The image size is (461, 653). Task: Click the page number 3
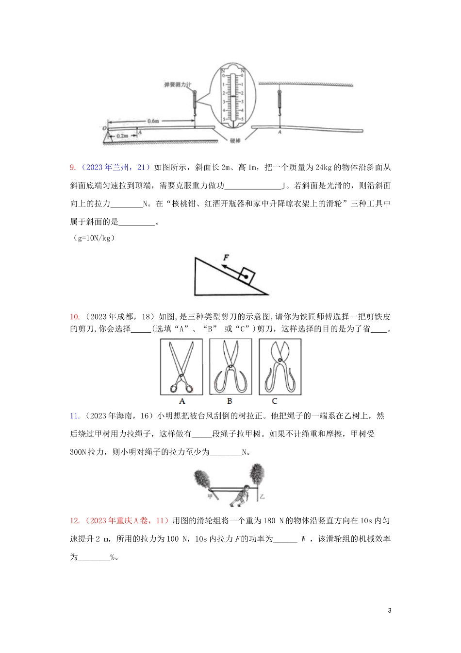click(390, 610)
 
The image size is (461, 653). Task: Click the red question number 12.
click(75, 521)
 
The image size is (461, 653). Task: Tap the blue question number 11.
click(75, 416)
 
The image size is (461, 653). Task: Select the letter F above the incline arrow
click(226, 258)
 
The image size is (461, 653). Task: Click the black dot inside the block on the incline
click(247, 276)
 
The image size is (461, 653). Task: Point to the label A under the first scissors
click(182, 401)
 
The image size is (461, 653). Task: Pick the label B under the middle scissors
click(230, 401)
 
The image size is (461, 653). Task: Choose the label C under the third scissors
click(275, 401)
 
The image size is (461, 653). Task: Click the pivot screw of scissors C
click(280, 361)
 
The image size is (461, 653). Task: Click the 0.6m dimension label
click(153, 121)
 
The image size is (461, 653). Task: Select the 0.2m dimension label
click(122, 136)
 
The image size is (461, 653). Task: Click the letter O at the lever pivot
click(104, 128)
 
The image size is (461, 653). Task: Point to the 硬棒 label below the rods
click(235, 141)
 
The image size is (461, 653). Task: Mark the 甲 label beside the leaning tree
click(211, 497)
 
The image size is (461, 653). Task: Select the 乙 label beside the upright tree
click(262, 497)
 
